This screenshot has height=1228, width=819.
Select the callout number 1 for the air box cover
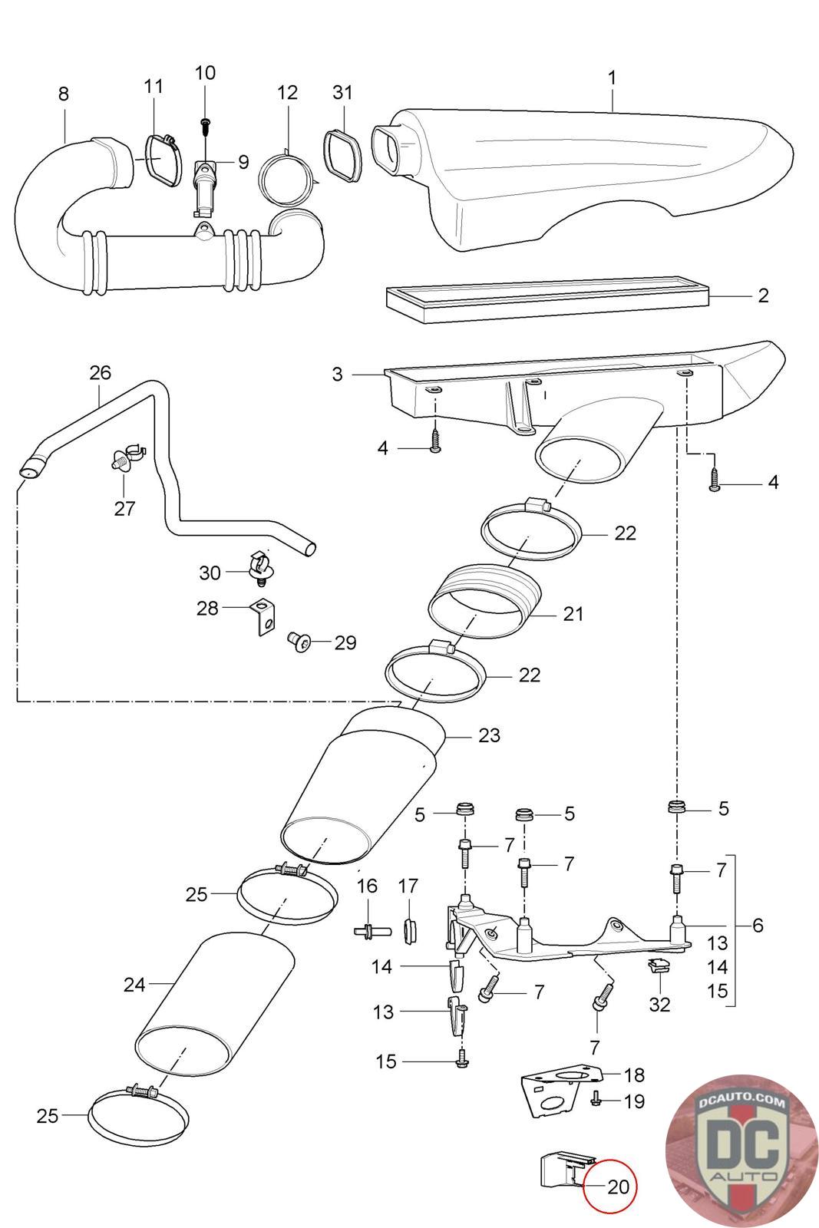612,78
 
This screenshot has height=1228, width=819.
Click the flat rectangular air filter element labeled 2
549,301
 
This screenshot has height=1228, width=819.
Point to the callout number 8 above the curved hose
64,94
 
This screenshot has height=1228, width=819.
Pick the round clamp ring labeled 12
287,178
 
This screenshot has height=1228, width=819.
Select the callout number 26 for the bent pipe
101,373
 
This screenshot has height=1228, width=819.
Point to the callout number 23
489,735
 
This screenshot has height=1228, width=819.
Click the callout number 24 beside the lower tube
134,984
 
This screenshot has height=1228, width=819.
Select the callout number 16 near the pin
367,886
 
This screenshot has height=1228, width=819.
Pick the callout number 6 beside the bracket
758,925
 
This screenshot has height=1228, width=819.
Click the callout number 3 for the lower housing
338,375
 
